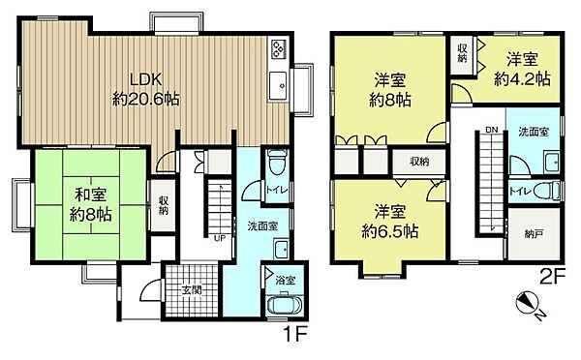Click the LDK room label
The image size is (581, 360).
(145, 79)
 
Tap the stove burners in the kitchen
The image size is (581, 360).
(279, 49)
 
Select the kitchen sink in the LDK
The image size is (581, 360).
(278, 86)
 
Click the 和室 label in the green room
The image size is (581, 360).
(91, 195)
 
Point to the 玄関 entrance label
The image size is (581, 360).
(192, 290)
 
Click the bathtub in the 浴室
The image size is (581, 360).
(285, 305)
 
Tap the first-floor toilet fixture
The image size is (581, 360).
(277, 162)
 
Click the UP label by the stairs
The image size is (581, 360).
(220, 238)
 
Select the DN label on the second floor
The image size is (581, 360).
(492, 130)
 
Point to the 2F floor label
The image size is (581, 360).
(552, 277)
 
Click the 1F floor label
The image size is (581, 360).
(295, 336)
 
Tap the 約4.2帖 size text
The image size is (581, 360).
(523, 79)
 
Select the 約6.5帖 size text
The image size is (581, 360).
(390, 232)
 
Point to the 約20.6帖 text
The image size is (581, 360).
(146, 100)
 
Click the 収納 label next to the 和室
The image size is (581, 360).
(164, 205)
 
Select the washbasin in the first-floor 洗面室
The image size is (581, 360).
(281, 250)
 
